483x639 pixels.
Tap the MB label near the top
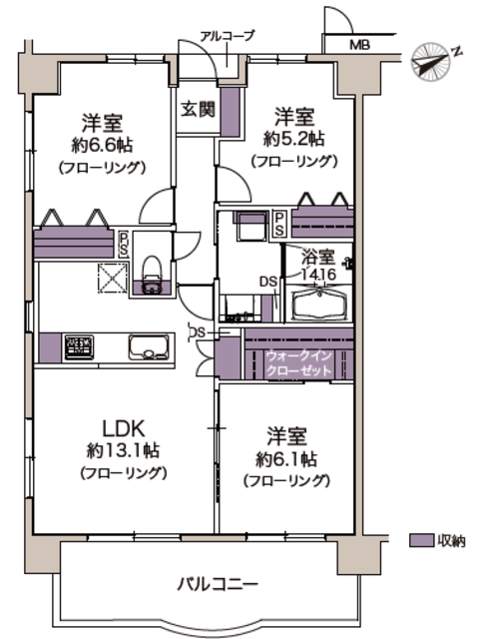360,45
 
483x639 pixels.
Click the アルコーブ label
228,36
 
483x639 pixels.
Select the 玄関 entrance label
198,109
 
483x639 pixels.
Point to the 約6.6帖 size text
102,145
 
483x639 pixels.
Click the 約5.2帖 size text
294,139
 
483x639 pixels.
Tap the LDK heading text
123,428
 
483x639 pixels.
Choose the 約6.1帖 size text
286,459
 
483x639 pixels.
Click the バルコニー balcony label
218,584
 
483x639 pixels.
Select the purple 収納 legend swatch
421,540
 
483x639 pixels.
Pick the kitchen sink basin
149,347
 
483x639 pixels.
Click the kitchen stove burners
80,347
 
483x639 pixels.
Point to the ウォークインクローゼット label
298,363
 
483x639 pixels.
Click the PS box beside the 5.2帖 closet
279,224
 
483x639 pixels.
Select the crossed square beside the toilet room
113,278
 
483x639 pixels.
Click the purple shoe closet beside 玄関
231,112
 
